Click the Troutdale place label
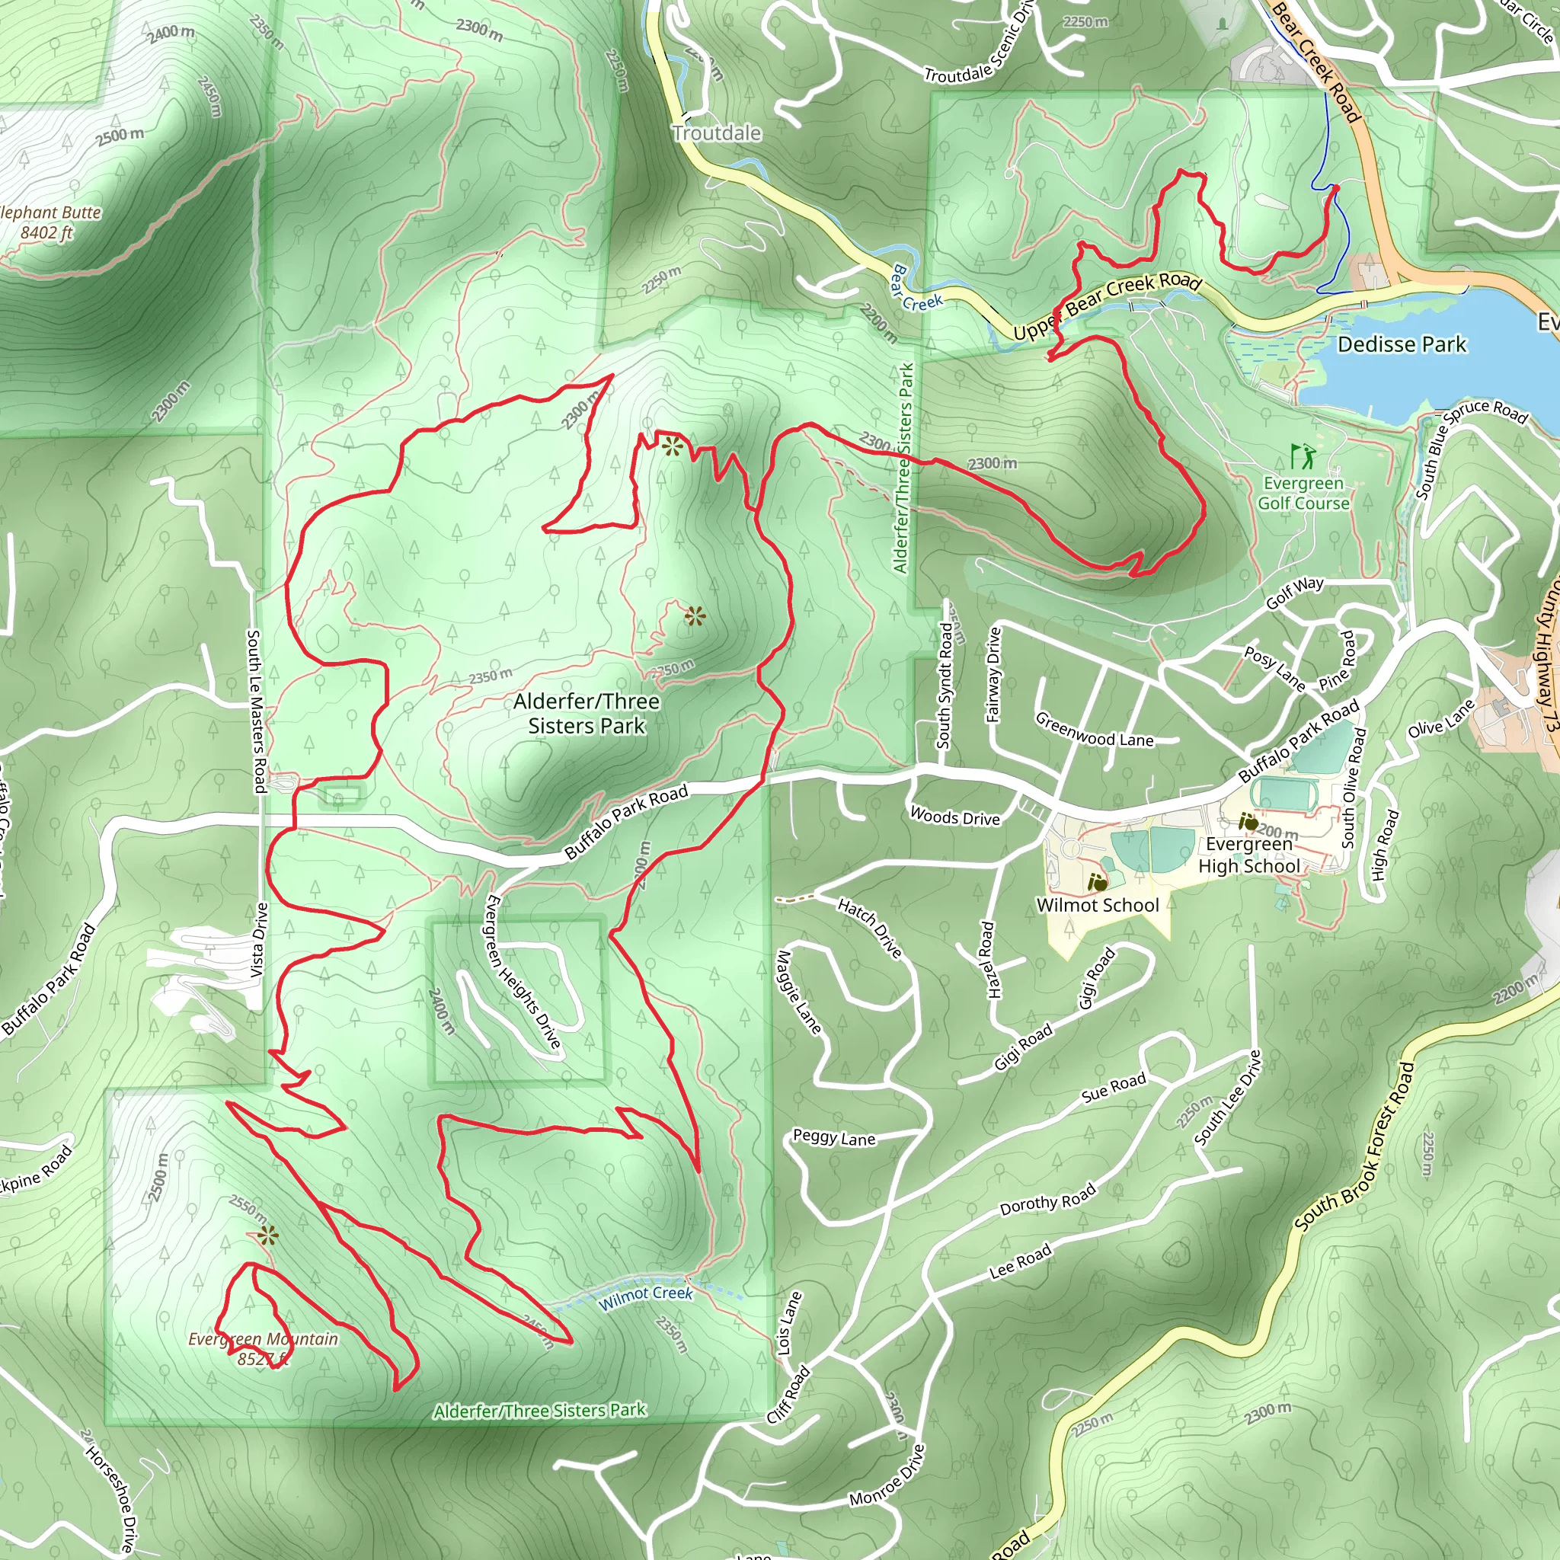716,133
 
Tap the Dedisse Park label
1401,345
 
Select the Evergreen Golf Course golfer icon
1303,456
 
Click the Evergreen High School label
1248,855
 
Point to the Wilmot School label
1098,905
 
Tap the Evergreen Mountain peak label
263,1348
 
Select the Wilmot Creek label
645,1293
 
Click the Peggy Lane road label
833,1138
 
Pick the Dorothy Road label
1047,1199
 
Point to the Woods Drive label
954,817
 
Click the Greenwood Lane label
1094,730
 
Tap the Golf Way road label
1294,593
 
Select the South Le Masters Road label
256,711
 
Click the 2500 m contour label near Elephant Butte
120,136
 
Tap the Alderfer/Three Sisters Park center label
587,713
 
